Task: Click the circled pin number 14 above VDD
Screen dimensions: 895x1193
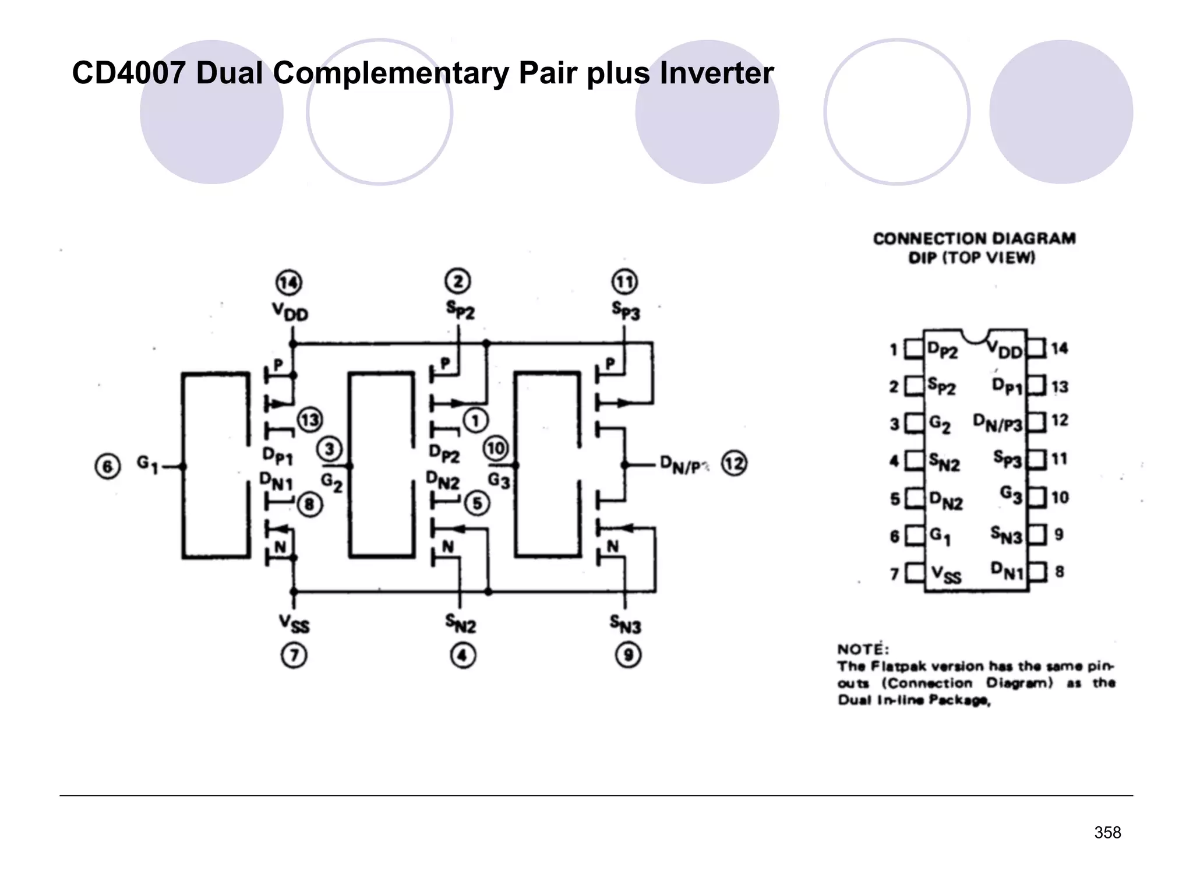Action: [288, 283]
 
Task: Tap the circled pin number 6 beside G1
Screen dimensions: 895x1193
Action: [107, 467]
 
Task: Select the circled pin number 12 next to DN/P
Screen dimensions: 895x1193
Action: [734, 464]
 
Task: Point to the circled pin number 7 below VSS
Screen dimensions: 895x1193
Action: [294, 656]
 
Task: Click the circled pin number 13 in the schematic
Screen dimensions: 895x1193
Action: [310, 420]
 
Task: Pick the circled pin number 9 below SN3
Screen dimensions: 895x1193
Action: [629, 656]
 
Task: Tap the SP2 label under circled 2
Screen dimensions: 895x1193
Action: [460, 309]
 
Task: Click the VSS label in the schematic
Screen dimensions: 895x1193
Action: [294, 624]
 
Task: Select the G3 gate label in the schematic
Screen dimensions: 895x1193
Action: [499, 481]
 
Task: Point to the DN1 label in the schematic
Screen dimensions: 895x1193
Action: [276, 481]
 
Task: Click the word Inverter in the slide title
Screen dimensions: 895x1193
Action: [716, 73]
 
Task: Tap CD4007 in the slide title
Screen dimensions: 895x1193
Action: [129, 73]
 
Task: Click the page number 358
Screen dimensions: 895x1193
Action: [1107, 833]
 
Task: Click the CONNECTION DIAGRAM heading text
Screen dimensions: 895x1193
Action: [974, 238]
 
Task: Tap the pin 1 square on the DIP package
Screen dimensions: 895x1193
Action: [914, 350]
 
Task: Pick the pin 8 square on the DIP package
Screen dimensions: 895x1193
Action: [1037, 572]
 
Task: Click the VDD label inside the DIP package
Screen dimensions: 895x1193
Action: [1005, 350]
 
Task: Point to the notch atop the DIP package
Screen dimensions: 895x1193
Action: [975, 335]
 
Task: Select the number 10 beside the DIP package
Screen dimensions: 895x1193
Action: [1060, 497]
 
